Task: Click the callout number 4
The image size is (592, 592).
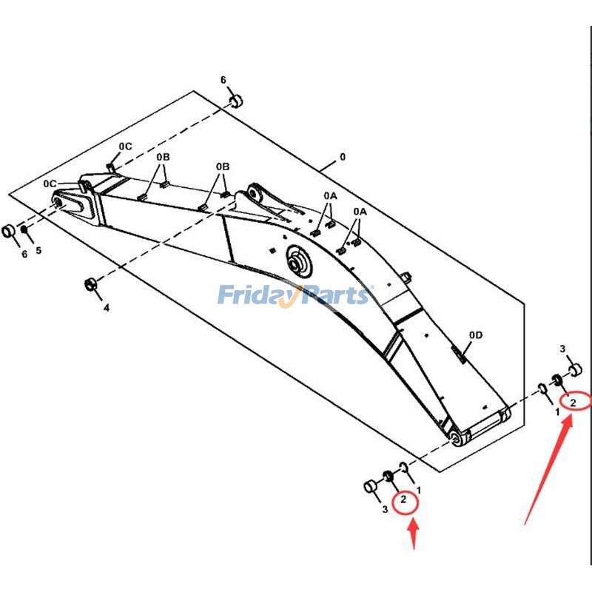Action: pos(106,307)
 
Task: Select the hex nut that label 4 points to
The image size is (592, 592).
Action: pos(90,283)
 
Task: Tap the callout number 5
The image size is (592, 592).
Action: pos(38,251)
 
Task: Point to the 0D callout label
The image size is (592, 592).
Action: pos(475,335)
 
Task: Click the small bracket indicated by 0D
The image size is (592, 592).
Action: pos(459,357)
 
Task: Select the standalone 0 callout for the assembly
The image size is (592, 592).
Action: pos(342,157)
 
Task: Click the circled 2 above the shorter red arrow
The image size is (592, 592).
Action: pos(403,501)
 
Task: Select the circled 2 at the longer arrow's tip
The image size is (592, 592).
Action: pos(573,402)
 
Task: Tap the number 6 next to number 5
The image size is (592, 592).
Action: pos(24,254)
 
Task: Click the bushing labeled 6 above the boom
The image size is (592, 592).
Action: pos(235,101)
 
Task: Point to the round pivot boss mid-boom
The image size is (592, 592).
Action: pos(299,263)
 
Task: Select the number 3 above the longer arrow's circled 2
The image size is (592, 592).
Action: pos(562,349)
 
